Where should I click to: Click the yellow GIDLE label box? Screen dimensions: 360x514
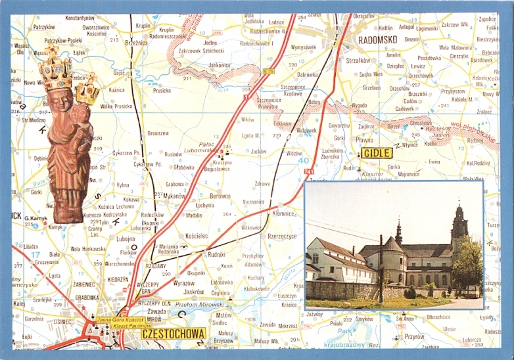click(x=377, y=153)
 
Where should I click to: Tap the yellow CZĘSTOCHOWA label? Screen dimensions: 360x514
click(x=174, y=333)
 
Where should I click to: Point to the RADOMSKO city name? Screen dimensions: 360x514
click(x=379, y=39)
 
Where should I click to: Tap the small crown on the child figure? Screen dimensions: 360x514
click(x=87, y=89)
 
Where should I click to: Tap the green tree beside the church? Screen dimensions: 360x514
click(x=467, y=266)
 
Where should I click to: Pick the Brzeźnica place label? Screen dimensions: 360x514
click(x=136, y=41)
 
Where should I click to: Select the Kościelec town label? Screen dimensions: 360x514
click(x=197, y=235)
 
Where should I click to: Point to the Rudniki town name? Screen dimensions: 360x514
click(x=216, y=254)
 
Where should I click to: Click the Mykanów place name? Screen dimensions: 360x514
click(x=174, y=196)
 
